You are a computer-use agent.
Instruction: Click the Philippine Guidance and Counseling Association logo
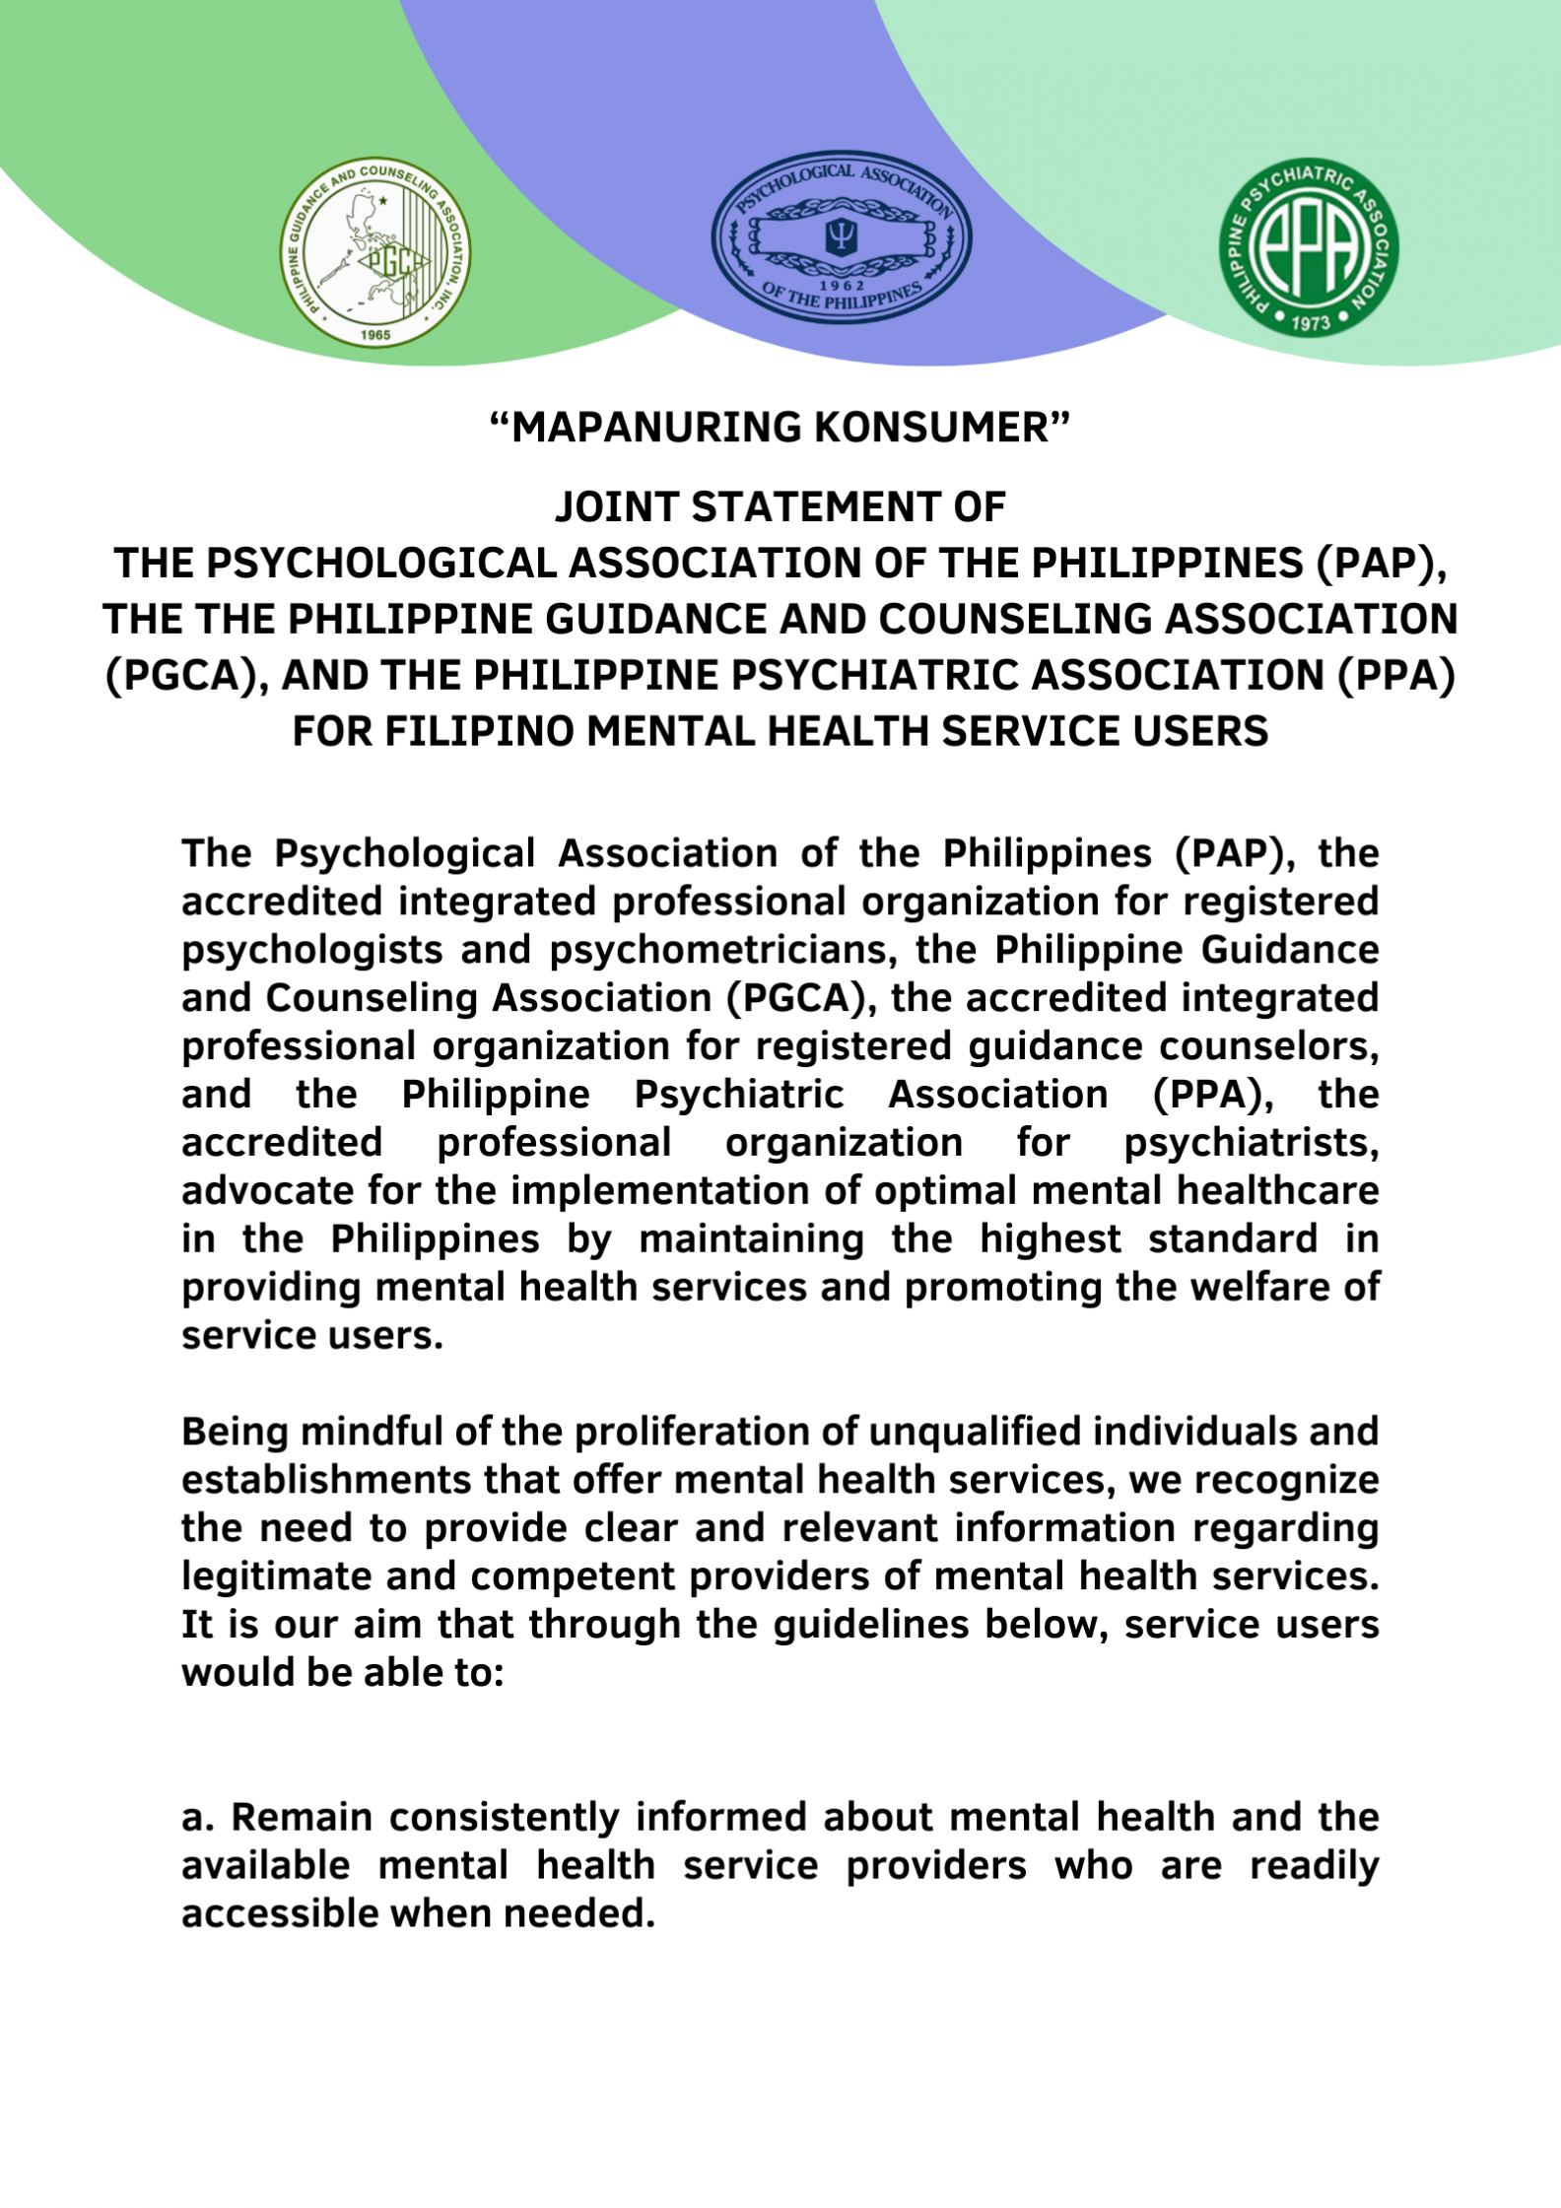tap(375, 252)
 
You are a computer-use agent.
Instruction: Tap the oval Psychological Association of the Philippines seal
tap(842, 237)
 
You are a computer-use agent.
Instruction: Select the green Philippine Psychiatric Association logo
tap(1309, 247)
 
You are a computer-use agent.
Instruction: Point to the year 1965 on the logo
tap(375, 334)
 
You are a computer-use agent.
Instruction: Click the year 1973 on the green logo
tap(1310, 322)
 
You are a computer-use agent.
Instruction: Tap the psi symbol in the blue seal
tap(842, 234)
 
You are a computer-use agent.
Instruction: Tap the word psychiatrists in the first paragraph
tap(1251, 1143)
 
